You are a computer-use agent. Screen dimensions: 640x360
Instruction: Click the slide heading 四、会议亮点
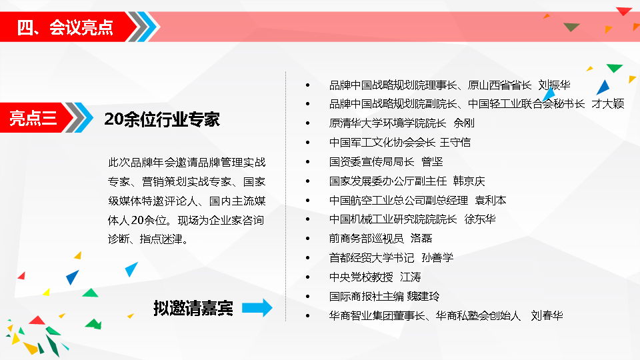65,27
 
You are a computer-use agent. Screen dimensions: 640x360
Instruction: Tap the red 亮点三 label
33,118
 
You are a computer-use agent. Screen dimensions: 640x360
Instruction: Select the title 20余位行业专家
162,119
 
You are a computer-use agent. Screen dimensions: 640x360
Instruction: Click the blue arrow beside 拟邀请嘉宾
257,308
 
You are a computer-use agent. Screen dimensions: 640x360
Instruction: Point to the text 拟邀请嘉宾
193,308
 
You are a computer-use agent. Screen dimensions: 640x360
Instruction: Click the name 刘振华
554,85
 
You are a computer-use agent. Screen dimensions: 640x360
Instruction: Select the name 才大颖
608,104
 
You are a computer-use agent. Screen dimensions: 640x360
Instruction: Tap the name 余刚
464,123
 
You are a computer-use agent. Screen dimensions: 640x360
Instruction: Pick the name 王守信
455,142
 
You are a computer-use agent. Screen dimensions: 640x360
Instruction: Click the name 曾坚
432,161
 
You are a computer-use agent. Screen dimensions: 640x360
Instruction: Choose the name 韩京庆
469,181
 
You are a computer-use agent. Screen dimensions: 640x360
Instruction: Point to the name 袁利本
490,200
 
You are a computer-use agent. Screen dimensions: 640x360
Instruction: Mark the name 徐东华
480,219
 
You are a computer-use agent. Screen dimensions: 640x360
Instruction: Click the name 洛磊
421,239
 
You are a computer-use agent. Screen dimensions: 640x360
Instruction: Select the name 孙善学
437,257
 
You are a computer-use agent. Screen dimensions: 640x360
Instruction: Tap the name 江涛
410,277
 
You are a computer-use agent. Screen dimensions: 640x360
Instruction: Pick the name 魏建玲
423,296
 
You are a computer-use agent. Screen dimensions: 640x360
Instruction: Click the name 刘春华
547,315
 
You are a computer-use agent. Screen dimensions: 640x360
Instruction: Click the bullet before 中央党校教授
308,277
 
